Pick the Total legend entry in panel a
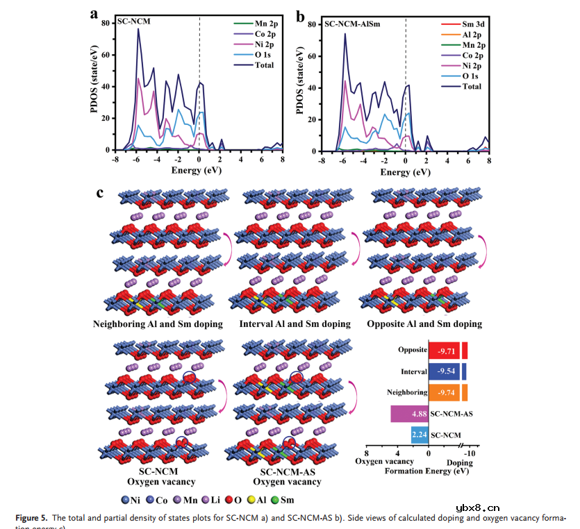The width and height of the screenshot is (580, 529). click(264, 65)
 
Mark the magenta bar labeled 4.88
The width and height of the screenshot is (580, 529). click(410, 414)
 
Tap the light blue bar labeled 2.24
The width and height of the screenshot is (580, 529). click(420, 435)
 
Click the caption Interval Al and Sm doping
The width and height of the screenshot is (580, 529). click(294, 324)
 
